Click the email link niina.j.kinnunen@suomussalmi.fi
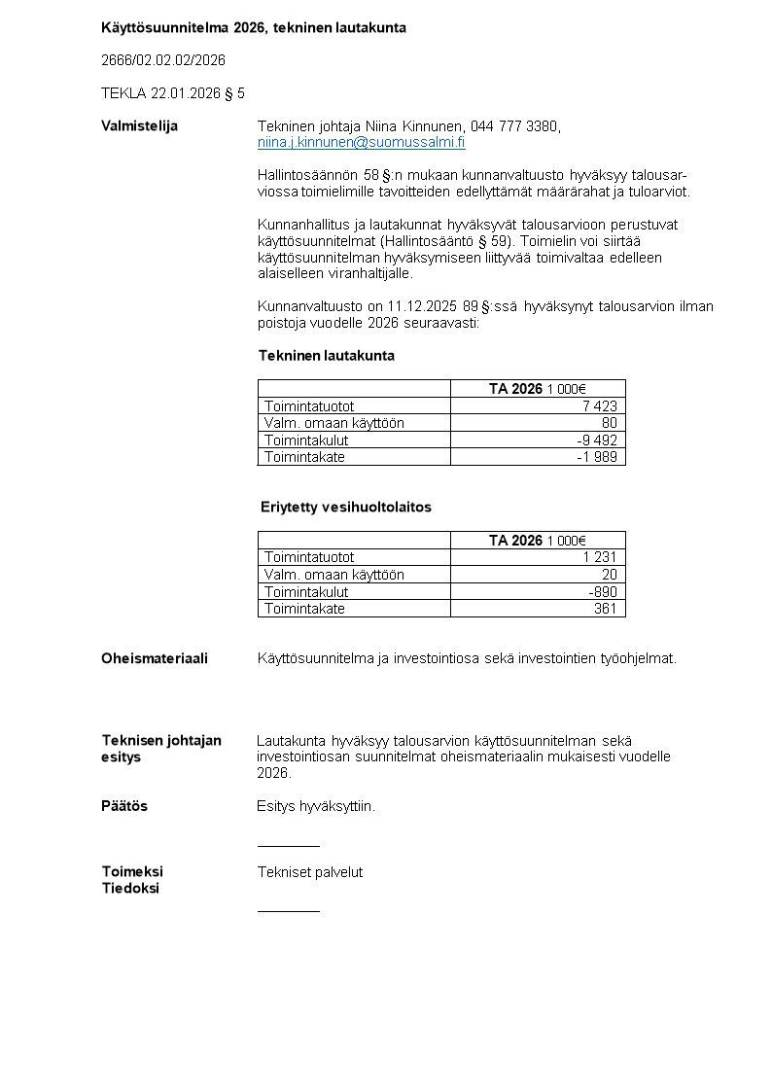click(x=361, y=142)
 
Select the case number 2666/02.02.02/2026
click(x=163, y=60)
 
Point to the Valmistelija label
click(x=139, y=125)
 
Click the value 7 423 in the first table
click(x=600, y=406)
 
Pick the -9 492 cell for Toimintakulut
click(x=597, y=440)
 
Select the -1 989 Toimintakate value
click(x=597, y=456)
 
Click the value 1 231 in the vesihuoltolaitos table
click(x=600, y=557)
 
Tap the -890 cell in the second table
click(x=603, y=591)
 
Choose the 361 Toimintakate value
click(x=606, y=609)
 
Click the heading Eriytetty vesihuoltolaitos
click(x=345, y=508)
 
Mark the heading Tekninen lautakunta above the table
click(x=326, y=356)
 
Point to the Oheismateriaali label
click(x=154, y=658)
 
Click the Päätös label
click(x=124, y=806)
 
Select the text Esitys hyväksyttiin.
click(x=316, y=806)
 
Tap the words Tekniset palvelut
click(x=310, y=872)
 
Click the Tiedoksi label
click(x=130, y=889)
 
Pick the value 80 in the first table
click(x=610, y=423)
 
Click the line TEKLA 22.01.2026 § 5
click(x=173, y=93)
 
